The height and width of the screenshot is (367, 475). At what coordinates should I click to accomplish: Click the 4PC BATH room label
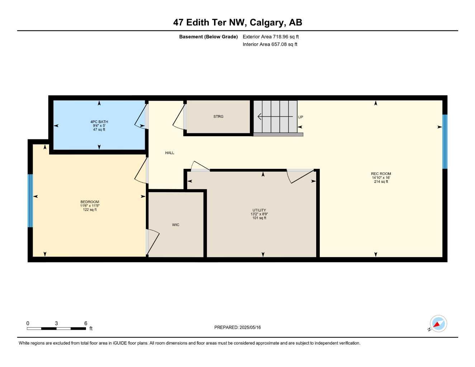pyautogui.click(x=99, y=122)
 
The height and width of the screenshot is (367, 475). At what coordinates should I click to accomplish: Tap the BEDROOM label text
pyautogui.click(x=90, y=202)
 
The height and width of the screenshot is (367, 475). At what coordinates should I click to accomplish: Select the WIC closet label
pyautogui.click(x=176, y=225)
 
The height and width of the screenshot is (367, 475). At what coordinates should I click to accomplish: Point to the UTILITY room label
pyautogui.click(x=259, y=210)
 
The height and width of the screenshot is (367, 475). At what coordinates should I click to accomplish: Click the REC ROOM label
pyautogui.click(x=381, y=174)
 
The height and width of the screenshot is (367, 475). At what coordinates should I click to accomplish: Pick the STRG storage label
pyautogui.click(x=218, y=116)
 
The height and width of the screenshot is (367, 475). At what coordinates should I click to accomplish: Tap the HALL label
pyautogui.click(x=170, y=153)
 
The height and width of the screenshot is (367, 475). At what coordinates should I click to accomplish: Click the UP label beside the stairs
pyautogui.click(x=300, y=117)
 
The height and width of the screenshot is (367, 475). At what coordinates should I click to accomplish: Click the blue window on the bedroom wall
pyautogui.click(x=30, y=201)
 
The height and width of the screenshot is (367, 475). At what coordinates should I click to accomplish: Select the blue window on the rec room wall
pyautogui.click(x=445, y=142)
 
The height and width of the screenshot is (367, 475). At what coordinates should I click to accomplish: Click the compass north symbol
pyautogui.click(x=438, y=324)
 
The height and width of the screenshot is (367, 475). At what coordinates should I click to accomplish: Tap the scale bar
pyautogui.click(x=56, y=328)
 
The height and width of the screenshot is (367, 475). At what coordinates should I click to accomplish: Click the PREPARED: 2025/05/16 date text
pyautogui.click(x=238, y=327)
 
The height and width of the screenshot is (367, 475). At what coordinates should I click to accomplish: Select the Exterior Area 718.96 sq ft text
pyautogui.click(x=271, y=37)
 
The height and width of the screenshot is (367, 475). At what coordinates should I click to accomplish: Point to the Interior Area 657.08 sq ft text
pyautogui.click(x=270, y=44)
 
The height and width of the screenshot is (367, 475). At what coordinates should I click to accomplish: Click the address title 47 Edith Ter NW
pyautogui.click(x=238, y=22)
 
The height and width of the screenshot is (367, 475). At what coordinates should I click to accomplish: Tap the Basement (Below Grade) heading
pyautogui.click(x=208, y=37)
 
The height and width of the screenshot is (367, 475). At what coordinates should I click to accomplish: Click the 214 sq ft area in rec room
pyautogui.click(x=381, y=182)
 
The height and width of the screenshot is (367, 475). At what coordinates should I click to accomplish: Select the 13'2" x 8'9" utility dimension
pyautogui.click(x=259, y=214)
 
